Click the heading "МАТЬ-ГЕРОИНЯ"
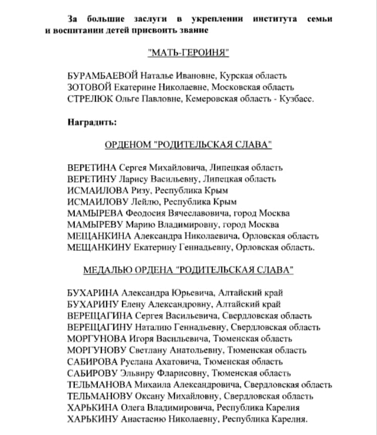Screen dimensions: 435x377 coord(188,54)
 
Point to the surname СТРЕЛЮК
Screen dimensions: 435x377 coord(89,99)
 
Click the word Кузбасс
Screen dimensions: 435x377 coord(298,99)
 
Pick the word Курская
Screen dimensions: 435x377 coord(237,76)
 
